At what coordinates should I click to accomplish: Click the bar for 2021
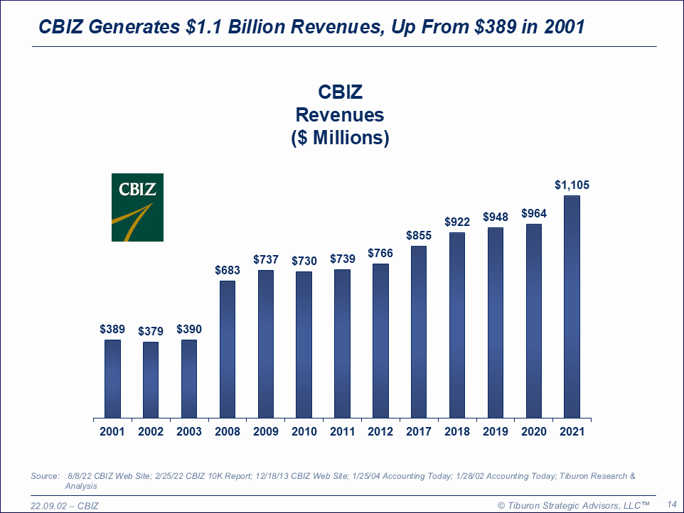[x=572, y=306]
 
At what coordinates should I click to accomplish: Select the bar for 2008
[x=228, y=349]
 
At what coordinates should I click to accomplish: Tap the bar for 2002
[x=151, y=379]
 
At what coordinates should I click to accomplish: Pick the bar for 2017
[x=419, y=331]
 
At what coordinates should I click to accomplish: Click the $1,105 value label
[x=572, y=185]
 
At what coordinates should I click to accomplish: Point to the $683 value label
[x=228, y=270]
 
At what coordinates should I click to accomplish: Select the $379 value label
[x=151, y=331]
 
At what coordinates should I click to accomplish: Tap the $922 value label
[x=457, y=222]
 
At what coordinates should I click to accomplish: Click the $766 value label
[x=380, y=253]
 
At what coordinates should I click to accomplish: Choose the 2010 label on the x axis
[x=304, y=432]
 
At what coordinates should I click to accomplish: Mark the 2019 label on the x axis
[x=496, y=432]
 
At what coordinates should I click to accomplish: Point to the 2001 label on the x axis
[x=112, y=432]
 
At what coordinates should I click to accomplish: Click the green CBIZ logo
[x=137, y=207]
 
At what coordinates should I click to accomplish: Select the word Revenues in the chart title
[x=340, y=115]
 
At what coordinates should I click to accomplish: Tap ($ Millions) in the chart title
[x=340, y=138]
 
